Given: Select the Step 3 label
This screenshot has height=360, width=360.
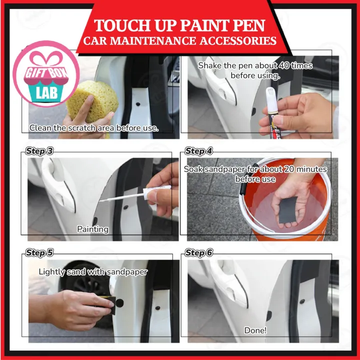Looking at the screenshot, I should (39, 151).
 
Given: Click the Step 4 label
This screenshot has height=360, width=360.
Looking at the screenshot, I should (198, 151).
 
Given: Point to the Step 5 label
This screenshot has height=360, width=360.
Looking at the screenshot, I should (39, 253).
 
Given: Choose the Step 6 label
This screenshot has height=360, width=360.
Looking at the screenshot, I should (198, 253).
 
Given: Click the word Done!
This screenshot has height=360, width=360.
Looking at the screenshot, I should (255, 330).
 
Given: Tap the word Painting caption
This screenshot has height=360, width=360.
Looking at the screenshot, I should (92, 229).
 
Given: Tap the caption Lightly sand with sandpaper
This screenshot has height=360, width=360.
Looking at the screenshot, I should (93, 272).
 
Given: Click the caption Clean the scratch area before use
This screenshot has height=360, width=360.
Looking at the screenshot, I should (93, 128).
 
